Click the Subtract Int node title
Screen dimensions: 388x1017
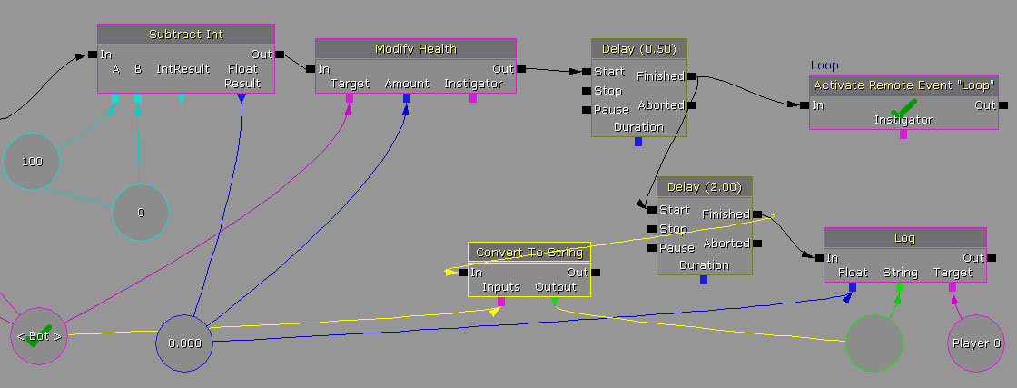click(x=185, y=34)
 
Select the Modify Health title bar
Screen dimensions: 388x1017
click(x=415, y=48)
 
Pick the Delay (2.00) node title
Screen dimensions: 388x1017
click(x=705, y=187)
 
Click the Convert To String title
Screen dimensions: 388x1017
click(x=529, y=252)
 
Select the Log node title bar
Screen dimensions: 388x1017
click(x=904, y=237)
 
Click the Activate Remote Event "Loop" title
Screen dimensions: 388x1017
click(x=904, y=85)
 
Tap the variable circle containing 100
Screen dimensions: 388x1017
click(x=32, y=162)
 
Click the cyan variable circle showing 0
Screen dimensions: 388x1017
click(x=141, y=213)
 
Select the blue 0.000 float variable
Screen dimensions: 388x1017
click(x=185, y=343)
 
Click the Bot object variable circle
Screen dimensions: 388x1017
click(x=39, y=336)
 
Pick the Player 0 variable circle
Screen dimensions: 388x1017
click(x=977, y=343)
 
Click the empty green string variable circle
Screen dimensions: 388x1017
click(x=874, y=343)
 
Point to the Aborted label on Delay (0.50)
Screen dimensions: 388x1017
click(x=661, y=105)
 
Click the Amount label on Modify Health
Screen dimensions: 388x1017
click(x=407, y=84)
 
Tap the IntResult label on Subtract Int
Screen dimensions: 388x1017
click(x=183, y=69)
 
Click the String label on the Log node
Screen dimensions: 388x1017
click(x=900, y=273)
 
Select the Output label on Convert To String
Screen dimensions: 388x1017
click(x=556, y=287)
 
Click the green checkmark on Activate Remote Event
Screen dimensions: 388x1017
click(x=903, y=107)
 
